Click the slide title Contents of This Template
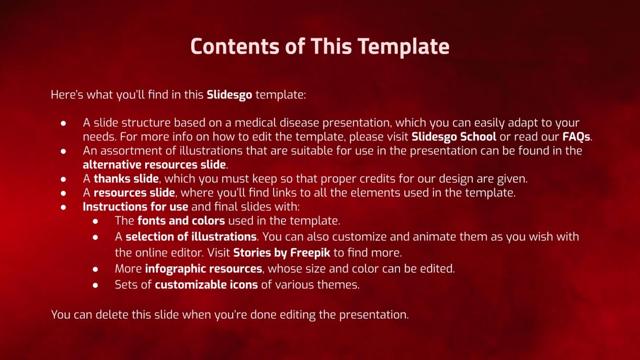tap(320, 46)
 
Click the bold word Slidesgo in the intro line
tap(229, 95)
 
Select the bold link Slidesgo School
tap(454, 136)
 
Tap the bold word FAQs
tap(576, 136)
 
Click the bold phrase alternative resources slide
tap(154, 165)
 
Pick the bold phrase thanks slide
tap(126, 179)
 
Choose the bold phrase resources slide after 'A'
tap(134, 193)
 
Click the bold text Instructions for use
tap(136, 207)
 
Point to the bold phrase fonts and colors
tap(181, 221)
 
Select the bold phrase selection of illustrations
tap(191, 236)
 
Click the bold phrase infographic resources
tap(203, 269)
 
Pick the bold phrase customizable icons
tap(206, 285)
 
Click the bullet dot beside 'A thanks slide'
tap(64, 179)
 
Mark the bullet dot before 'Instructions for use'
tap(64, 207)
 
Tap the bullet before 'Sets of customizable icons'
tap(96, 285)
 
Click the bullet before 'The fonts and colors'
tap(96, 221)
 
